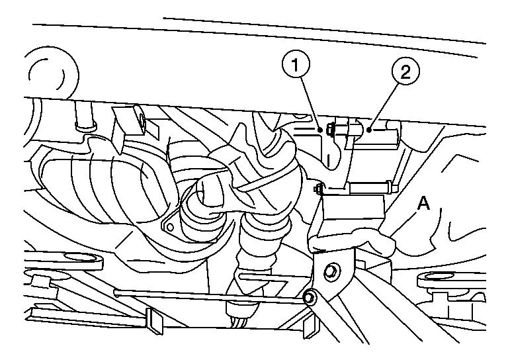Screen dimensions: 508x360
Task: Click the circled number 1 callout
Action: [296, 66]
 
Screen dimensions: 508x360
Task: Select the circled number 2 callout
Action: [406, 71]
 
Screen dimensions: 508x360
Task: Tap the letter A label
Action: [424, 204]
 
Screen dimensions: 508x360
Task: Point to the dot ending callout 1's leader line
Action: [320, 130]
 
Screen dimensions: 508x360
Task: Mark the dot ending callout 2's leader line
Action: [368, 130]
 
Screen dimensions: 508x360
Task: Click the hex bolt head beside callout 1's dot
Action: [330, 128]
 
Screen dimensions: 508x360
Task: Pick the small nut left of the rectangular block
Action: [318, 188]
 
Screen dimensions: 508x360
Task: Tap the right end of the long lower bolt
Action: [396, 188]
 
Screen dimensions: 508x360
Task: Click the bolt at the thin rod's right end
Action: [309, 297]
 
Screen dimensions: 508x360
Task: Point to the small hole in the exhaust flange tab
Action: [169, 228]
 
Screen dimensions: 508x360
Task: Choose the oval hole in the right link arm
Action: [437, 277]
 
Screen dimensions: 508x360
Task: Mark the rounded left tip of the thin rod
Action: [116, 292]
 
